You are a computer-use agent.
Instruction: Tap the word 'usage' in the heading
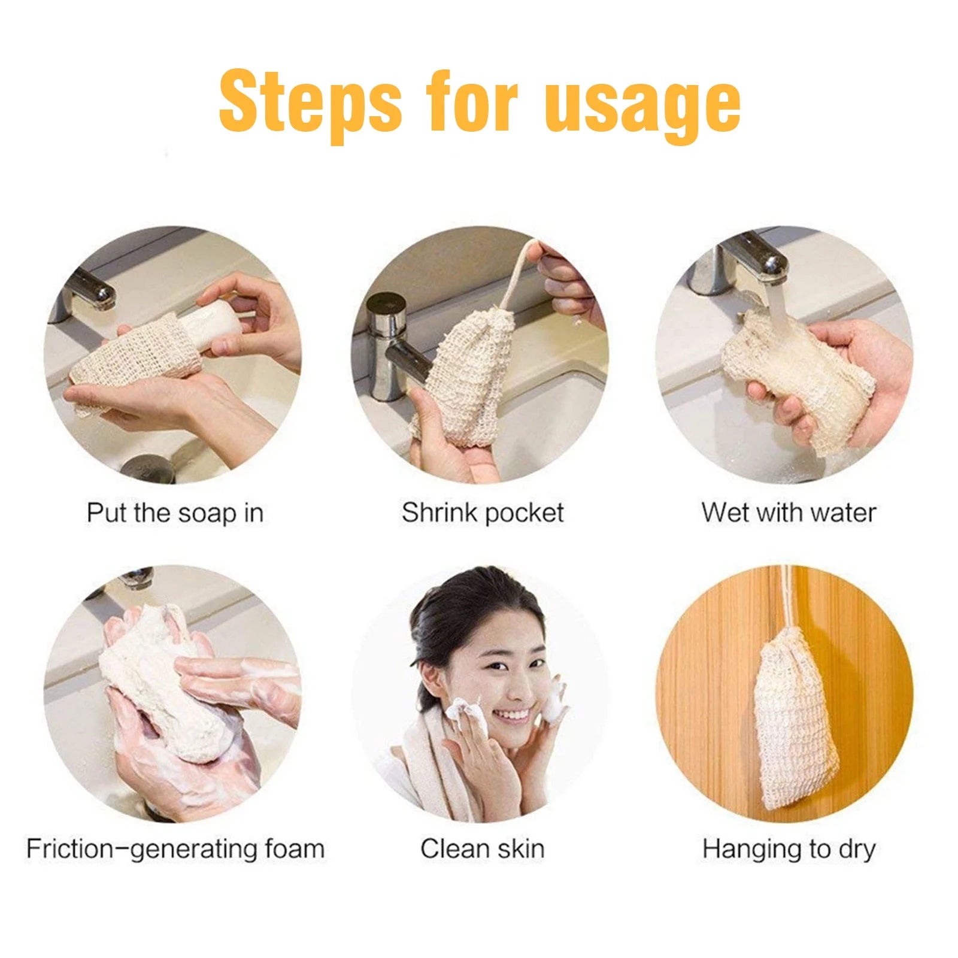point(643,105)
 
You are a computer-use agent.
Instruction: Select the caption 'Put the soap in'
point(175,513)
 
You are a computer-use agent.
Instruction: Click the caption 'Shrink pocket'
point(483,513)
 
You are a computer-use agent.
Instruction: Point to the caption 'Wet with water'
point(789,513)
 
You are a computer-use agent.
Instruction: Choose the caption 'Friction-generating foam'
point(175,849)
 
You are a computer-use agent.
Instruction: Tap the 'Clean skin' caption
point(483,849)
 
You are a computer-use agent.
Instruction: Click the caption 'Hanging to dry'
point(789,849)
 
